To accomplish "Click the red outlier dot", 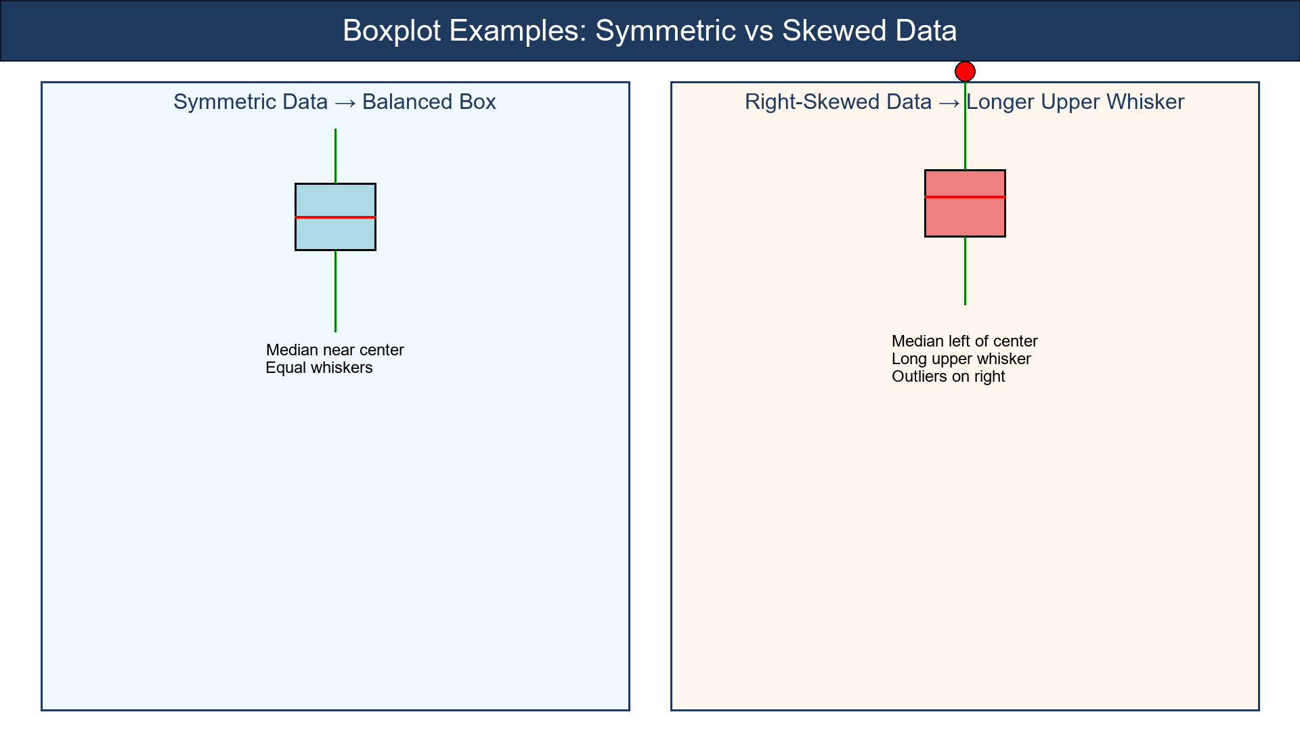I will (965, 71).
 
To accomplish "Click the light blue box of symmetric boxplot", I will (335, 234).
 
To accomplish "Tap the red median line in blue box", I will (335, 217).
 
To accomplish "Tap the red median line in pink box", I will (965, 197).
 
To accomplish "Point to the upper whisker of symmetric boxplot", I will (335, 156).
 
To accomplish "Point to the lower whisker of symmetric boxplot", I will (335, 291).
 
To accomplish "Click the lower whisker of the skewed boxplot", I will (965, 271).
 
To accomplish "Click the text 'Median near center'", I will (334, 350).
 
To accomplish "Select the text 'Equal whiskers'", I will (319, 368).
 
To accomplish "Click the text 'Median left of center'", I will (964, 341).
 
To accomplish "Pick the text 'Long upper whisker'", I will (961, 359).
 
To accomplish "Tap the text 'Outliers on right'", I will (948, 376).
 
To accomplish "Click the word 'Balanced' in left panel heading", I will (406, 102).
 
